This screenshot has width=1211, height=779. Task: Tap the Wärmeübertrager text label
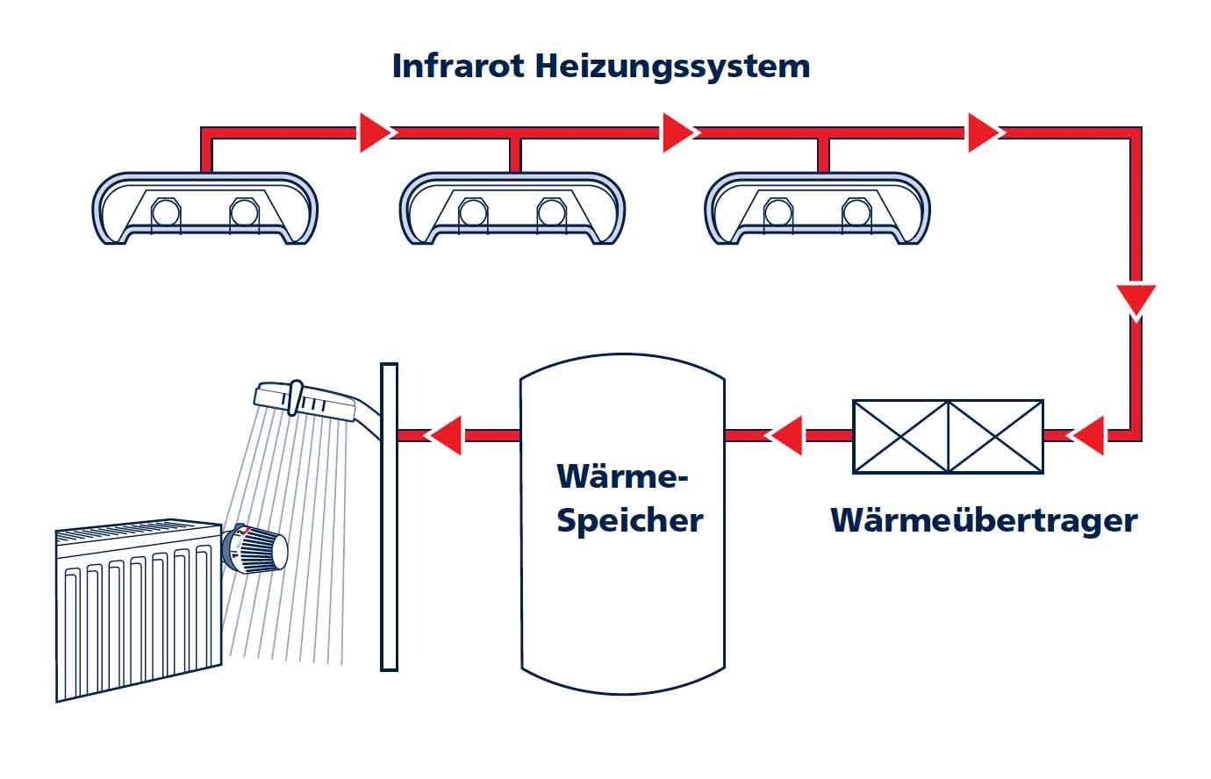point(984,520)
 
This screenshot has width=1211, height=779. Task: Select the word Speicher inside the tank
point(630,520)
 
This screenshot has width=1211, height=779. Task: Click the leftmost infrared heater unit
point(204,209)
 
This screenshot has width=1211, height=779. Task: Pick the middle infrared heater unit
point(512,209)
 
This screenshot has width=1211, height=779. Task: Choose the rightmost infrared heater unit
point(818,209)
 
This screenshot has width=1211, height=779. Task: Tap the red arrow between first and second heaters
point(375,132)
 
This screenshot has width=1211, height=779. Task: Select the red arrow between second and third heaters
point(678,132)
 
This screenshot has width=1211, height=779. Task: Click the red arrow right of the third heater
point(984,132)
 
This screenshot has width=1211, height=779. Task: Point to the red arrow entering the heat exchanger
point(1087,435)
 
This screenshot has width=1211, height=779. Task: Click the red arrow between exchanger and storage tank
point(786,435)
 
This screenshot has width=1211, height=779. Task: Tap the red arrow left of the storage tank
point(445,435)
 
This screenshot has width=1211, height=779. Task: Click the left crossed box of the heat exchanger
point(900,436)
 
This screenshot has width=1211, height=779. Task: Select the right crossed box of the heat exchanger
point(996,436)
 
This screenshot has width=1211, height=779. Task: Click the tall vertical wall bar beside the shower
point(389,517)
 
